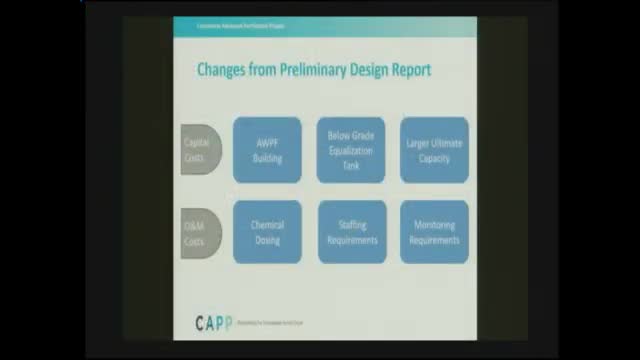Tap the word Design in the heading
click(x=362, y=70)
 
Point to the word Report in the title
click(x=410, y=70)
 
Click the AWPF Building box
click(x=267, y=150)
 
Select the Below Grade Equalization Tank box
click(x=351, y=150)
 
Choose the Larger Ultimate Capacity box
click(x=434, y=150)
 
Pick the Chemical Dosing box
click(x=267, y=232)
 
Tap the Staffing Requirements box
click(x=351, y=232)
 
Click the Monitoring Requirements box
click(x=434, y=232)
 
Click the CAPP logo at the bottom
click(x=212, y=322)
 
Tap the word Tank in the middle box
click(x=351, y=167)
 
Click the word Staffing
click(x=351, y=226)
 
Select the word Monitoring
click(x=434, y=226)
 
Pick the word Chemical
click(x=267, y=226)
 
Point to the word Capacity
click(x=434, y=158)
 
